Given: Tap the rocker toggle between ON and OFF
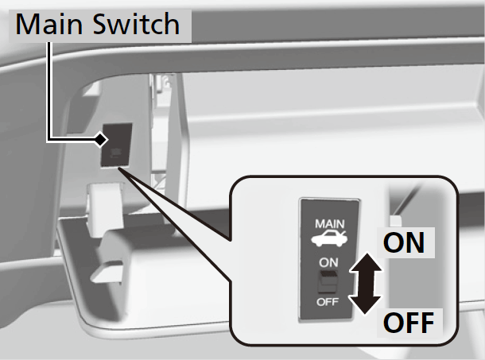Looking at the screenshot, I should click(x=326, y=281).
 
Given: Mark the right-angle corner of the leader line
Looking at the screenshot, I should click(x=51, y=140).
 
